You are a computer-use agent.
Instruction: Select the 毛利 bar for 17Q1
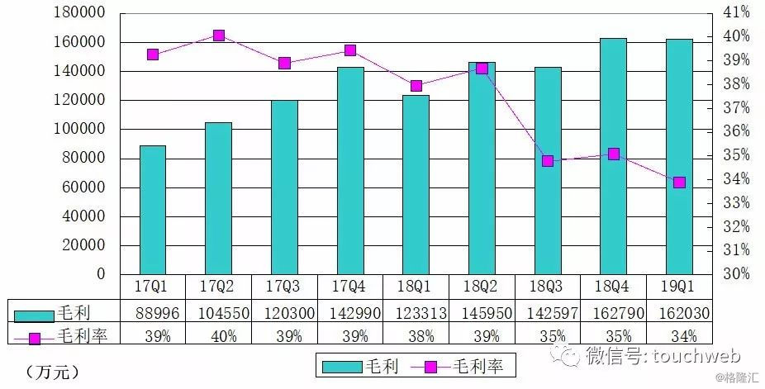click(x=153, y=210)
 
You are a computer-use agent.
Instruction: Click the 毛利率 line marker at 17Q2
click(x=219, y=36)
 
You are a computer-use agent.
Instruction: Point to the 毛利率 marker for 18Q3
click(x=548, y=161)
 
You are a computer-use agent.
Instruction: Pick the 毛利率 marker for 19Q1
click(x=679, y=183)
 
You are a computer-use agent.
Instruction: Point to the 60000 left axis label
click(x=85, y=187)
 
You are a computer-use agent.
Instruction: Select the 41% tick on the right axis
click(x=734, y=12)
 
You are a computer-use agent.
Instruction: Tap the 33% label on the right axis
click(x=734, y=202)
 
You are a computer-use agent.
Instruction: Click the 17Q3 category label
click(x=285, y=286)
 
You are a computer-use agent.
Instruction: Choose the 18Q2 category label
click(x=482, y=286)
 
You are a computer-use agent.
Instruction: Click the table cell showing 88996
click(x=153, y=312)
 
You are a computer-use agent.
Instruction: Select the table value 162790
click(x=613, y=312)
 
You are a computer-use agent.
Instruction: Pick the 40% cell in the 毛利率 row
click(x=219, y=335)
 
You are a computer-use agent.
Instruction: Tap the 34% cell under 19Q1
click(x=679, y=335)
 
